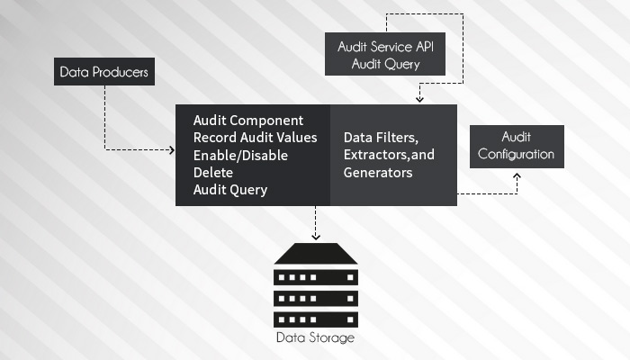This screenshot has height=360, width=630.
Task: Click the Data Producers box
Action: click(104, 71)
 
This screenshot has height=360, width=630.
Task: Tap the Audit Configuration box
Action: click(517, 146)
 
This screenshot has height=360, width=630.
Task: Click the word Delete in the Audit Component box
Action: click(213, 172)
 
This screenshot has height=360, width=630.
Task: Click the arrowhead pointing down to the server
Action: click(315, 236)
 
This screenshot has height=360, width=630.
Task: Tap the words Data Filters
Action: click(381, 138)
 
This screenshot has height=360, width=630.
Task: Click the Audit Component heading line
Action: click(248, 121)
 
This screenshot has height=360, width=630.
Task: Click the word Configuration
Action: click(517, 154)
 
